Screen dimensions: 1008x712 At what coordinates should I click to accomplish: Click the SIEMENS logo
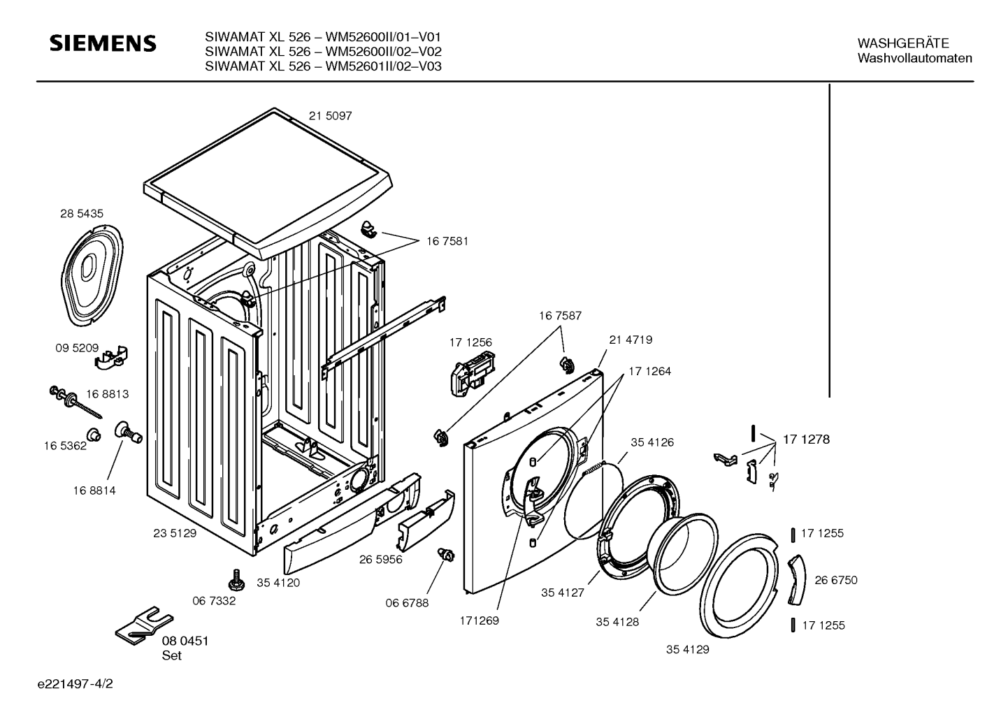(x=103, y=43)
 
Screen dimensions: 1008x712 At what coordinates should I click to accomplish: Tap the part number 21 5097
(x=331, y=116)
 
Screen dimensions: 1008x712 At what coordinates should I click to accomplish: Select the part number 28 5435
(x=82, y=214)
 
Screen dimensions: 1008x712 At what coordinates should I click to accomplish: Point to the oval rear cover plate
(x=92, y=275)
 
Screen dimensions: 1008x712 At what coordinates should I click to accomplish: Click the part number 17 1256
(x=470, y=343)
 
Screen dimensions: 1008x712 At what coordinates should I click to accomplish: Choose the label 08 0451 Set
(x=185, y=648)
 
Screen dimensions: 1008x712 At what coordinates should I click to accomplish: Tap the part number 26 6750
(x=836, y=580)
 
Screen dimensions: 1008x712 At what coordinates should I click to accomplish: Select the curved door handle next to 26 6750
(x=796, y=580)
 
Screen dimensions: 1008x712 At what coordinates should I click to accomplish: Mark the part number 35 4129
(x=688, y=650)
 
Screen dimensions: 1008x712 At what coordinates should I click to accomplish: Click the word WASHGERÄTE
(x=903, y=43)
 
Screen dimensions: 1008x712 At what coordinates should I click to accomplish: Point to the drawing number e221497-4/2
(x=75, y=684)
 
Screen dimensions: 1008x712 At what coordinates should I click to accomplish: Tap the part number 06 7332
(x=214, y=601)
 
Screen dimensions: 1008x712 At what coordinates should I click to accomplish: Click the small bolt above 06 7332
(x=236, y=579)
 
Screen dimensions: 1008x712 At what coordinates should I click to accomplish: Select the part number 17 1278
(x=807, y=439)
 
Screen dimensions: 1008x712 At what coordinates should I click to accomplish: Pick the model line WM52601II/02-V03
(x=323, y=66)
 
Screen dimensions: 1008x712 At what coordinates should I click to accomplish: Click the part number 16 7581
(x=447, y=242)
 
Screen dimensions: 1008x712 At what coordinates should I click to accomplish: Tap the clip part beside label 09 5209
(x=111, y=358)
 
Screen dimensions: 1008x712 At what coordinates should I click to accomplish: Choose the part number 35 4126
(x=652, y=442)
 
